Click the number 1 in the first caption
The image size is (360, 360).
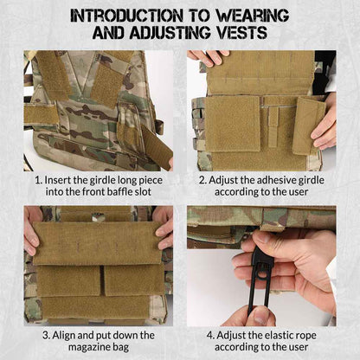point(38,181)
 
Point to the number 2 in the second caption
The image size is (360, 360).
point(202,181)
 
